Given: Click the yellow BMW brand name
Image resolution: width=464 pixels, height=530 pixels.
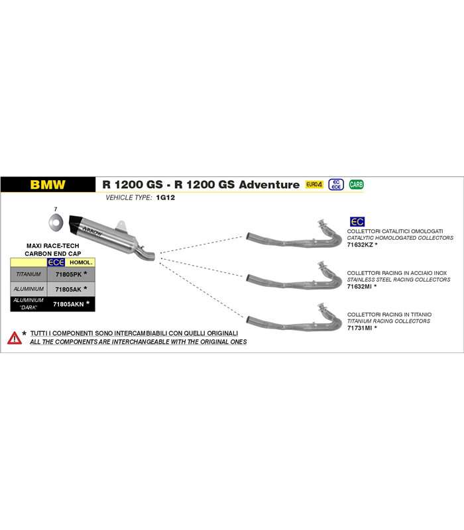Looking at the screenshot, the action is (x=48, y=185).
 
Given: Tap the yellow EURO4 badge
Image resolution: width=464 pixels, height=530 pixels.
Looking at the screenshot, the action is (x=314, y=185).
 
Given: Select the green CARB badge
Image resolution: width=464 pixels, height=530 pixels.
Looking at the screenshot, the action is (x=356, y=185).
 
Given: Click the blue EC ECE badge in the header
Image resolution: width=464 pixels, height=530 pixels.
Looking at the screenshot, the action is (x=336, y=185).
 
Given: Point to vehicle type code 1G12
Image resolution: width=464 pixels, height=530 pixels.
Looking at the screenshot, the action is (x=165, y=197).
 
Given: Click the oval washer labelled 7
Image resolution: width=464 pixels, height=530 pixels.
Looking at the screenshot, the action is (x=56, y=223).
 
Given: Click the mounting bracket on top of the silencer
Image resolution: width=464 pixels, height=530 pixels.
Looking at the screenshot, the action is (x=121, y=226).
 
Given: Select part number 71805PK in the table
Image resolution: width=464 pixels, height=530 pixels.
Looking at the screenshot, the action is (x=69, y=274).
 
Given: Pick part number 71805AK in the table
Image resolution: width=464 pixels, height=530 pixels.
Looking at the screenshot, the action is (x=68, y=290).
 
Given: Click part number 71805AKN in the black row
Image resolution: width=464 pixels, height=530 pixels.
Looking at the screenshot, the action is (x=68, y=304).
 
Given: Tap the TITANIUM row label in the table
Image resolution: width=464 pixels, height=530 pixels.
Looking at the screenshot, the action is (x=29, y=274).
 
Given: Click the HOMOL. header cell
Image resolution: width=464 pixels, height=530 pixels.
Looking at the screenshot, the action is (x=81, y=262).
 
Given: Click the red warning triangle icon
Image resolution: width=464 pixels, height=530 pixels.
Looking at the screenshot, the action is (x=15, y=338).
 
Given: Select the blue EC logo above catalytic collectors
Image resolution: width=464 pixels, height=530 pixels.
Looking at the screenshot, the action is (x=357, y=222).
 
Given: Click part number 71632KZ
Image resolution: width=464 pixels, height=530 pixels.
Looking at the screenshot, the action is (x=360, y=244).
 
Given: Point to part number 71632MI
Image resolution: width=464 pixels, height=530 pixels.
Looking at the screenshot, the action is (x=359, y=287).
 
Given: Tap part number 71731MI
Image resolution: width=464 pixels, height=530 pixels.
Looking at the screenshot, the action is (x=359, y=328).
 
